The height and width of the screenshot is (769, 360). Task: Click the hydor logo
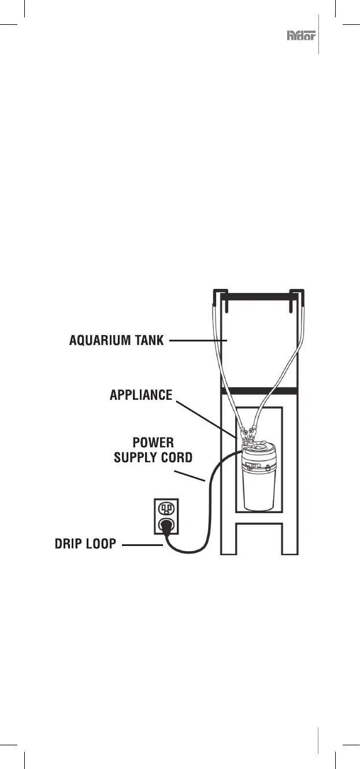pos(300,36)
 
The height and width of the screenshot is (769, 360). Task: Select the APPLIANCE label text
pos(141,396)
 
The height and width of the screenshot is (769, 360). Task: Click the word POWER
pos(154,443)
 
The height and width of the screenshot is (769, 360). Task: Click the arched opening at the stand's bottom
pos(259,540)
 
